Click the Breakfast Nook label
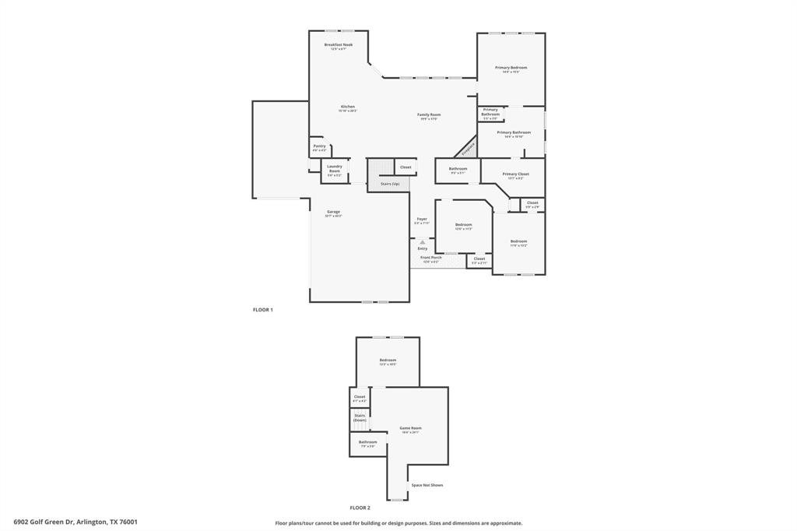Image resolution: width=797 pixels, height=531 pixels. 339,45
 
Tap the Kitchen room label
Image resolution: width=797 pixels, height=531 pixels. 347,107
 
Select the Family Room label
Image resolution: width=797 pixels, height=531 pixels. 429,115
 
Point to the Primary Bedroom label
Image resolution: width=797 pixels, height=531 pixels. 511,68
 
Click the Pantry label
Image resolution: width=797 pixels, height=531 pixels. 319,146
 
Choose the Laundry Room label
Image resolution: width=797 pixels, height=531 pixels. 335,167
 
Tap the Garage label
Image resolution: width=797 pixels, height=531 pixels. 333,212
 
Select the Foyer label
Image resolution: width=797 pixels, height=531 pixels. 422,219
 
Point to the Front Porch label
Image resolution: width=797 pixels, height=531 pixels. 431,258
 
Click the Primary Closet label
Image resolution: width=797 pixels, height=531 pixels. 515,174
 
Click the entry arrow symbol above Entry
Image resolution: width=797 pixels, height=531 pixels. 423,242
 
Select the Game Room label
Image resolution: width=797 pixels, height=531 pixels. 410,428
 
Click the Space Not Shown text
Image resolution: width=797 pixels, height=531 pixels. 427,485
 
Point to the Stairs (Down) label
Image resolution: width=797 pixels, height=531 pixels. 360,417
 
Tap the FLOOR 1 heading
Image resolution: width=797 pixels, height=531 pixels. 263,310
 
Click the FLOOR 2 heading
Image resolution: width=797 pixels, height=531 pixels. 360,508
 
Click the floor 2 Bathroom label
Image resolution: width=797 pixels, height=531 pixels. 367,442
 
